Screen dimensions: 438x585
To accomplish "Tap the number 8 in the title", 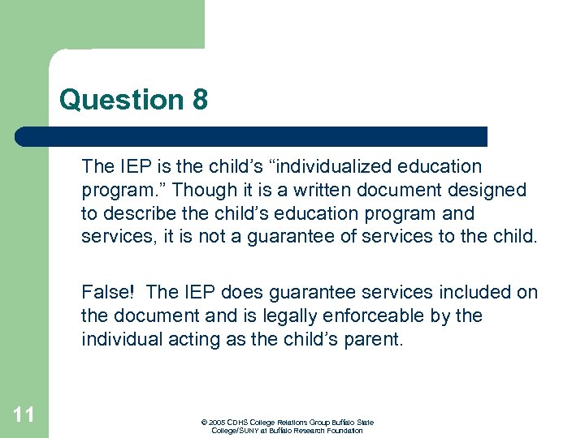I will (200, 101).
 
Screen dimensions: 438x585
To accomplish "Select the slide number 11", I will (24, 415).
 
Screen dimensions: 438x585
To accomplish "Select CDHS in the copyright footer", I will (238, 423).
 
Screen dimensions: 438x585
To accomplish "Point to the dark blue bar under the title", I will (252, 136).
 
